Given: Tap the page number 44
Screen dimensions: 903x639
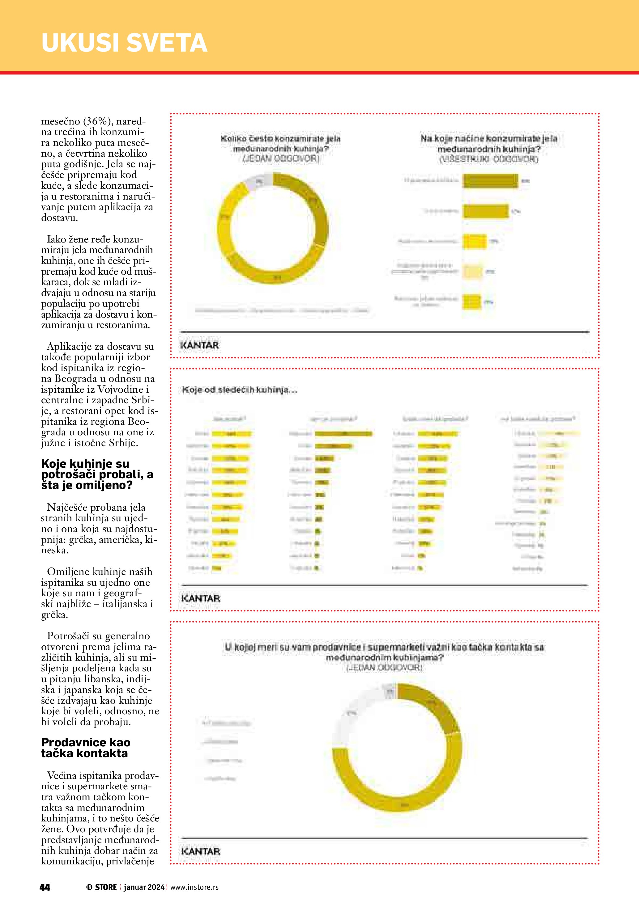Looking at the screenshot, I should click(45, 887).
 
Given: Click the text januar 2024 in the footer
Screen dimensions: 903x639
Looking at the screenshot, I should click(144, 887).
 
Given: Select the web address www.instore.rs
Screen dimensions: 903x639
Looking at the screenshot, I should click(194, 887).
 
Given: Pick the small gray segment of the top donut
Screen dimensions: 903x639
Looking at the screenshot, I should click(258, 180).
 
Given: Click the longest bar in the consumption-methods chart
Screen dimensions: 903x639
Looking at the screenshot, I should click(490, 181).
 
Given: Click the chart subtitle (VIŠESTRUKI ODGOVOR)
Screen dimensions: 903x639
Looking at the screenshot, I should click(488, 159).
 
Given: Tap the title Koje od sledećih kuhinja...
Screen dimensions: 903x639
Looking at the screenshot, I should click(239, 390).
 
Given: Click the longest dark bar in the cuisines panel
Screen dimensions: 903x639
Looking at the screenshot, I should click(343, 434).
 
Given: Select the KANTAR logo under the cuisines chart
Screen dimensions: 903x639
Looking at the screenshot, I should click(200, 598).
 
